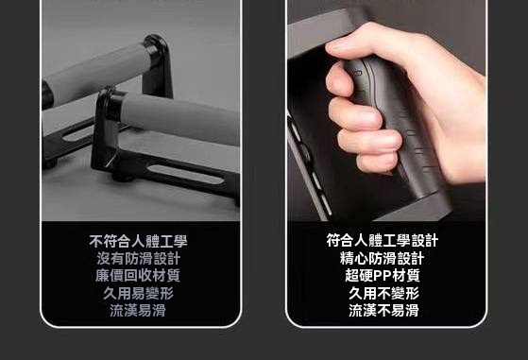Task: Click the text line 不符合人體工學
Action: pos(138,241)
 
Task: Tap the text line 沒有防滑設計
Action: pos(139,258)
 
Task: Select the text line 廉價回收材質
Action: pos(138,276)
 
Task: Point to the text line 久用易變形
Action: pos(139,293)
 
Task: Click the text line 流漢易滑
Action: pos(138,310)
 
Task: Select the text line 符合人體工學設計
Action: pos(383,240)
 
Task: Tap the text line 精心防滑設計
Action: pos(383,258)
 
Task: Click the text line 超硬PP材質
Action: pos(383,276)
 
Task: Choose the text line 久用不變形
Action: pos(383,293)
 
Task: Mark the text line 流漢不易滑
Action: pos(383,310)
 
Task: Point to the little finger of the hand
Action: pos(378,163)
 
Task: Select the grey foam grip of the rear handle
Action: pos(97,73)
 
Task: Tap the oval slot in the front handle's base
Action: pos(186,174)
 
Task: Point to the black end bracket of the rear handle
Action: pos(158,64)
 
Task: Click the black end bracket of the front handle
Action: pos(106,128)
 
